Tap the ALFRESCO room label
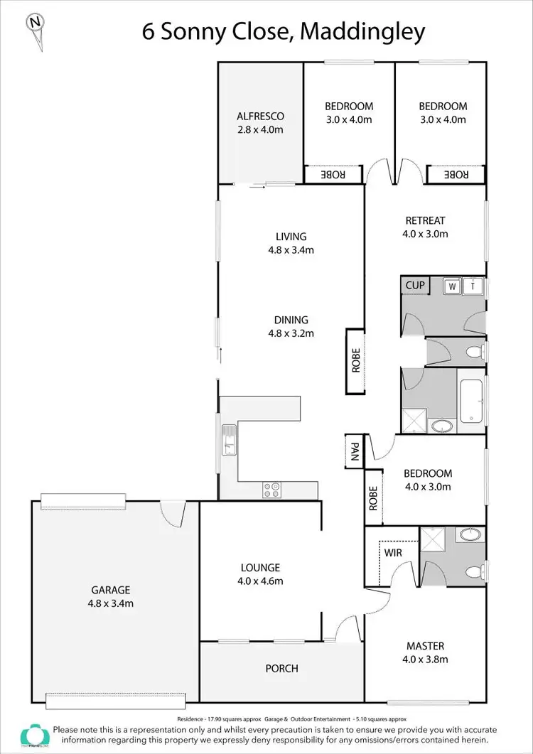coord(260,117)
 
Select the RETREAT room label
coord(425,220)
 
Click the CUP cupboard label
coord(415,286)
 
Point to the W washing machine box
coord(451,286)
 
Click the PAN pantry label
coord(354,451)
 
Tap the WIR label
coord(394,551)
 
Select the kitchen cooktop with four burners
coord(271,490)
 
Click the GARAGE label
coord(110,590)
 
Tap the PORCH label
coord(282,669)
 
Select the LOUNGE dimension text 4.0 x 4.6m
coord(260,581)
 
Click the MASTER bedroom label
coord(425,646)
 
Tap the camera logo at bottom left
coord(34,736)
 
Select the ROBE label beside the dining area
coord(355,361)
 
